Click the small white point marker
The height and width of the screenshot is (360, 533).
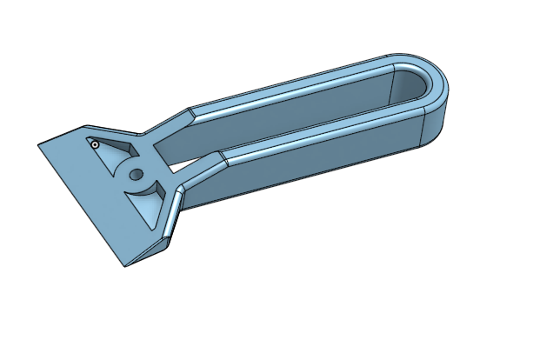point(93,144)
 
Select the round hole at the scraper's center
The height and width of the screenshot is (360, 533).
point(135,174)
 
